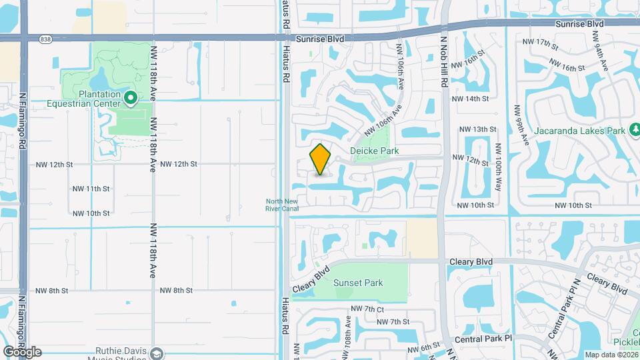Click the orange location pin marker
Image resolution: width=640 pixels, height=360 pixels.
pyautogui.click(x=321, y=160)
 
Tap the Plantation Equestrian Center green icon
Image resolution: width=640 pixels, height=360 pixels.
pyautogui.click(x=131, y=99)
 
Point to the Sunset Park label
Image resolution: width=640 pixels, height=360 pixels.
pyautogui.click(x=358, y=283)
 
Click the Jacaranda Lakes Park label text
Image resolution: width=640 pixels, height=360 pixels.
pyautogui.click(x=581, y=130)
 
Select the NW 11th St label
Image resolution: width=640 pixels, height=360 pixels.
pyautogui.click(x=91, y=189)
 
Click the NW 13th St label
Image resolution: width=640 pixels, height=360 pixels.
pyautogui.click(x=478, y=129)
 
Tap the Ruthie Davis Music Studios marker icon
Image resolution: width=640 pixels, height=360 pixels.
pyautogui.click(x=157, y=353)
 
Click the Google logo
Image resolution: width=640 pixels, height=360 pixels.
pyautogui.click(x=22, y=352)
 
